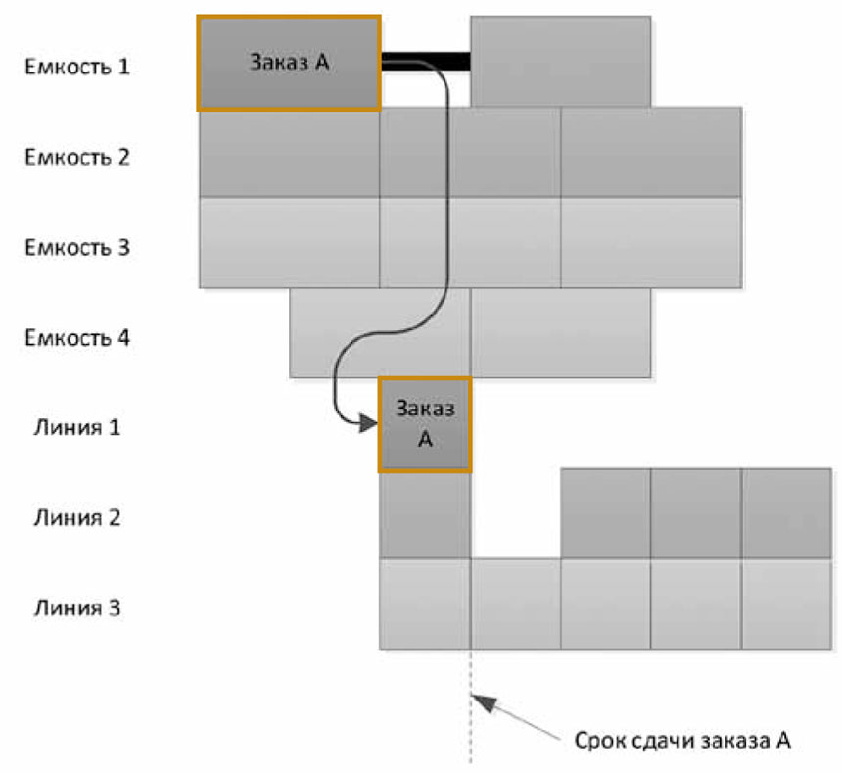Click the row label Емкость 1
click(x=76, y=68)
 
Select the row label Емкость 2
click(x=76, y=157)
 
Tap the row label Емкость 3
click(x=76, y=246)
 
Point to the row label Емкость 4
click(x=76, y=338)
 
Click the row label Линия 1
click(x=77, y=428)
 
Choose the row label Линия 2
click(x=77, y=517)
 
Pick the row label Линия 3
click(x=77, y=608)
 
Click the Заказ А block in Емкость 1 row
click(x=289, y=62)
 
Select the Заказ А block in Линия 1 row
click(x=425, y=424)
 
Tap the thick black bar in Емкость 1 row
click(x=425, y=62)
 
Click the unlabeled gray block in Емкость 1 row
click(x=560, y=62)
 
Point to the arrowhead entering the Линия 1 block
click(x=368, y=423)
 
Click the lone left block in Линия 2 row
click(x=425, y=514)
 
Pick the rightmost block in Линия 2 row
click(x=786, y=514)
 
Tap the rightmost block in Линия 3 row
click(x=786, y=604)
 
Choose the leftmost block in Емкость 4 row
click(x=380, y=334)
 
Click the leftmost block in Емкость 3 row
click(x=289, y=243)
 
